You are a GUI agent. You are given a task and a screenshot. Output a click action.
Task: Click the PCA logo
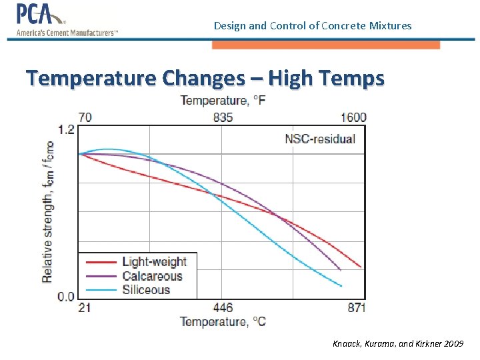coord(67,20)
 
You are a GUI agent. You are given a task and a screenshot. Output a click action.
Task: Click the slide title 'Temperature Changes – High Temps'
coord(205,78)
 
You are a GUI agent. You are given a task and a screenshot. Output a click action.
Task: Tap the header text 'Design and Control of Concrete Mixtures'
coord(313,26)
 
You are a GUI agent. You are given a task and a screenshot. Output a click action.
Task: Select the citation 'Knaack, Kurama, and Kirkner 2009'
coord(398,344)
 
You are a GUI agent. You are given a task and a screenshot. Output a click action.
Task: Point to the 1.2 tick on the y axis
coord(66,129)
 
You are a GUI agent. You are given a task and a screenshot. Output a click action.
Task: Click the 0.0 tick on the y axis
coord(66,297)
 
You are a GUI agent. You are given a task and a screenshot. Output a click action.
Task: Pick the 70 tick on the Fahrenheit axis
coord(85,117)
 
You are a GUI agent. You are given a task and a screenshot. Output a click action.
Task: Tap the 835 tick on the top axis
coord(223,117)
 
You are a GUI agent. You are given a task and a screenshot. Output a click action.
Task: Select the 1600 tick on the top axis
coord(353,117)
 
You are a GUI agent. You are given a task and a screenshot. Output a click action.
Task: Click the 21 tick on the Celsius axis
coord(85,307)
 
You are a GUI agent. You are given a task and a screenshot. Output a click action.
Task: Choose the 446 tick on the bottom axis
coord(223,307)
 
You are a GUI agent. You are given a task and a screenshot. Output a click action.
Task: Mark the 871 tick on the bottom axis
coord(355,307)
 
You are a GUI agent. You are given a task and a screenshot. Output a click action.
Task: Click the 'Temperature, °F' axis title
coord(223,101)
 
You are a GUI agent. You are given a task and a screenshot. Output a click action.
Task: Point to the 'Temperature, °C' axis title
coord(223,322)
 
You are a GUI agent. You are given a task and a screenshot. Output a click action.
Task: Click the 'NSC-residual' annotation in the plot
coord(319,139)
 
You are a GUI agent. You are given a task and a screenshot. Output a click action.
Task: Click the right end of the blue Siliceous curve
coord(341,286)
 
